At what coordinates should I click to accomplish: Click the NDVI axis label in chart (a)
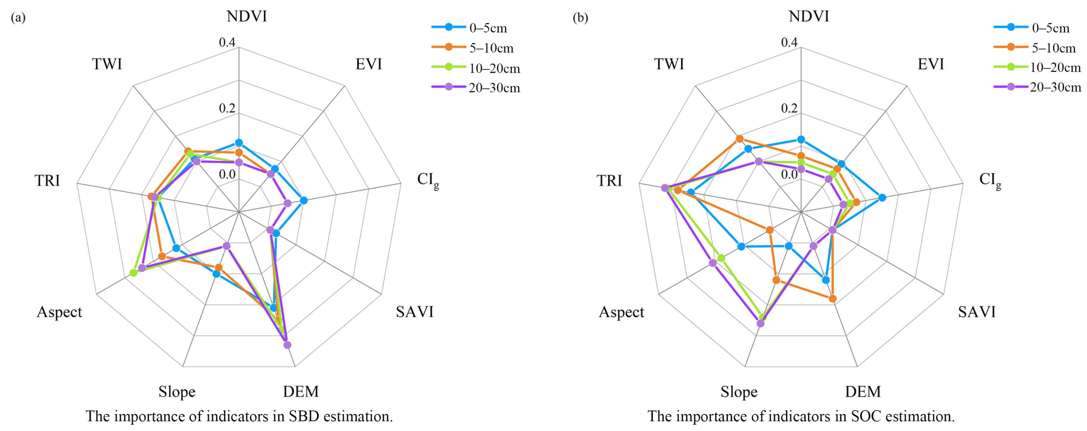click(x=246, y=16)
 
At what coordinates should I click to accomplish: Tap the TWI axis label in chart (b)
click(x=669, y=64)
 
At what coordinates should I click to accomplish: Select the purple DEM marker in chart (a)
click(x=287, y=345)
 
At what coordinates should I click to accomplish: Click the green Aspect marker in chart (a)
click(x=133, y=273)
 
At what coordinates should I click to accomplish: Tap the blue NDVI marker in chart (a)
click(x=239, y=142)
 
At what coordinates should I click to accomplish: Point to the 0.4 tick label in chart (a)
click(x=227, y=42)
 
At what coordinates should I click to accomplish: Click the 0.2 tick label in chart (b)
click(x=789, y=108)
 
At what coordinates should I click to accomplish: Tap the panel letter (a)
click(x=18, y=18)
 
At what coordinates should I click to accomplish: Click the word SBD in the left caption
click(x=304, y=416)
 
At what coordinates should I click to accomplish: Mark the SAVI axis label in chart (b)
click(x=976, y=312)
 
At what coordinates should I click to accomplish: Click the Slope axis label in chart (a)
click(x=177, y=392)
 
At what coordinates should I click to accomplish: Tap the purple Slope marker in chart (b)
click(x=760, y=323)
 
